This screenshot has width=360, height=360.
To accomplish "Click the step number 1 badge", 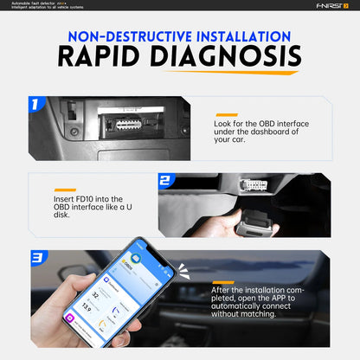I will (x=34, y=105).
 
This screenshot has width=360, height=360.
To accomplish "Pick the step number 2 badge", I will (x=166, y=181).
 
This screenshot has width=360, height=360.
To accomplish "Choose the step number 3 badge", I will (x=37, y=257).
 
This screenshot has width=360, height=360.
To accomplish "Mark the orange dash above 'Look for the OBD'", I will (x=226, y=114).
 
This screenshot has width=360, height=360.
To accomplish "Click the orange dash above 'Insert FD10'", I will (x=64, y=190).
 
